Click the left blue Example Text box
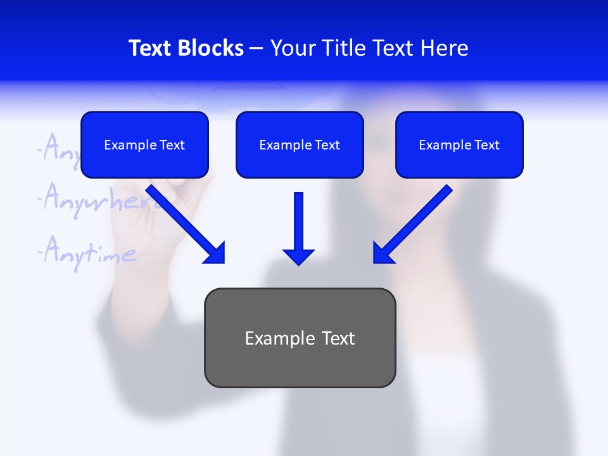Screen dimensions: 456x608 click(x=144, y=144)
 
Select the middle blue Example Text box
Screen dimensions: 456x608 click(x=300, y=144)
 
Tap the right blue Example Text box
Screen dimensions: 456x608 click(x=459, y=144)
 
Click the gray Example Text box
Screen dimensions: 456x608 click(x=300, y=338)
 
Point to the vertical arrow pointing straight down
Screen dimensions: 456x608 click(x=298, y=228)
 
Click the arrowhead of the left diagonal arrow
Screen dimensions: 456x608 click(x=215, y=253)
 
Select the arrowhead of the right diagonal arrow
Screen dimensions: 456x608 click(x=383, y=253)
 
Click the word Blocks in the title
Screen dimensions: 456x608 click(x=210, y=48)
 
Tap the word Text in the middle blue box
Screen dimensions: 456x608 click(x=327, y=145)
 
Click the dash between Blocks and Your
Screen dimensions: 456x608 click(x=256, y=48)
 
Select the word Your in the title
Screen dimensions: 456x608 click(x=292, y=48)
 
